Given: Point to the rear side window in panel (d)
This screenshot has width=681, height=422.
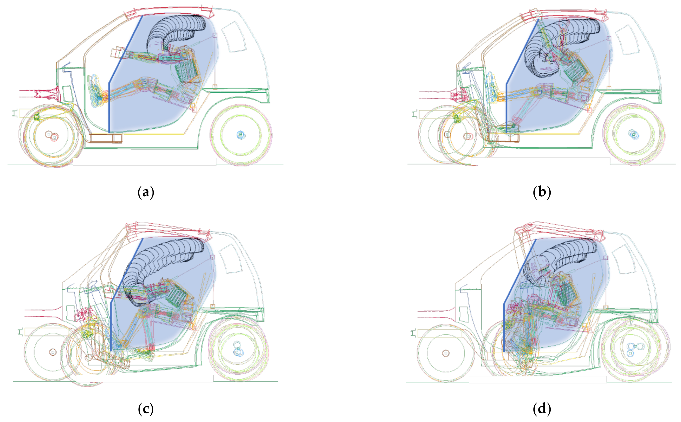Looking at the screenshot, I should tap(624, 260).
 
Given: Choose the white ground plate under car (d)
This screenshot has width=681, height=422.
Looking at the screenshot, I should tap(538, 380).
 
